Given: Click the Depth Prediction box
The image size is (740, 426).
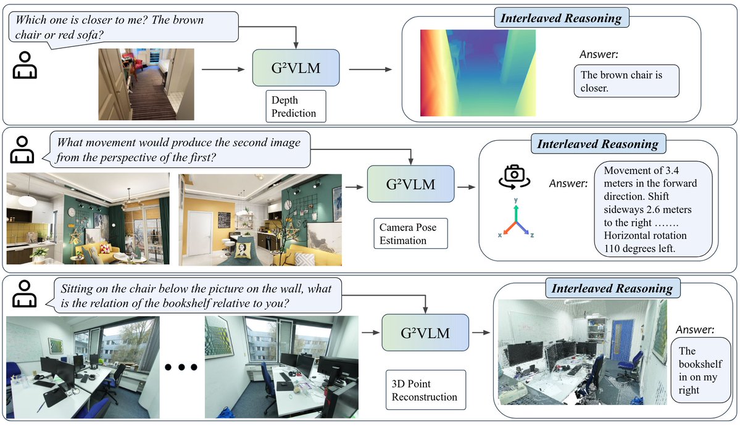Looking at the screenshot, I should (x=294, y=106).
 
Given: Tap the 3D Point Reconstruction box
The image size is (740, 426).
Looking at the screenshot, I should (x=425, y=391).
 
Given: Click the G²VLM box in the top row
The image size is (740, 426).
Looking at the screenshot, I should (x=296, y=68).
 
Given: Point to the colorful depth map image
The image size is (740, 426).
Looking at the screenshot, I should (x=478, y=73).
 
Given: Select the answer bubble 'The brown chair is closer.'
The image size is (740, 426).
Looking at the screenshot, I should (x=626, y=81).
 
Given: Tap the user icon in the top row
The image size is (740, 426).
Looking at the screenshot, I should (x=25, y=65).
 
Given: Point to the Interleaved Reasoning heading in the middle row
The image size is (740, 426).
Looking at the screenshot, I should (x=597, y=144).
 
